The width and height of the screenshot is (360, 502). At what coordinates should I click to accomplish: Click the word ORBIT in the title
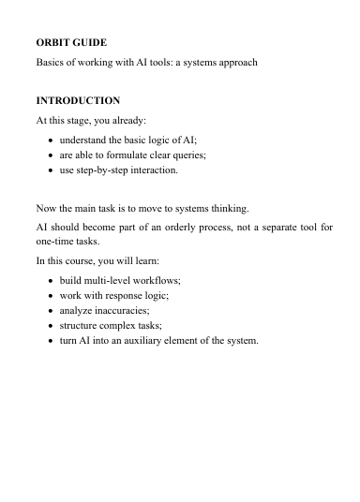tap(52, 43)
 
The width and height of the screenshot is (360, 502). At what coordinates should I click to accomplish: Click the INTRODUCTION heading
tap(78, 100)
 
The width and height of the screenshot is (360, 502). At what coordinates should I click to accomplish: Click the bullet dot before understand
tap(50, 139)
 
